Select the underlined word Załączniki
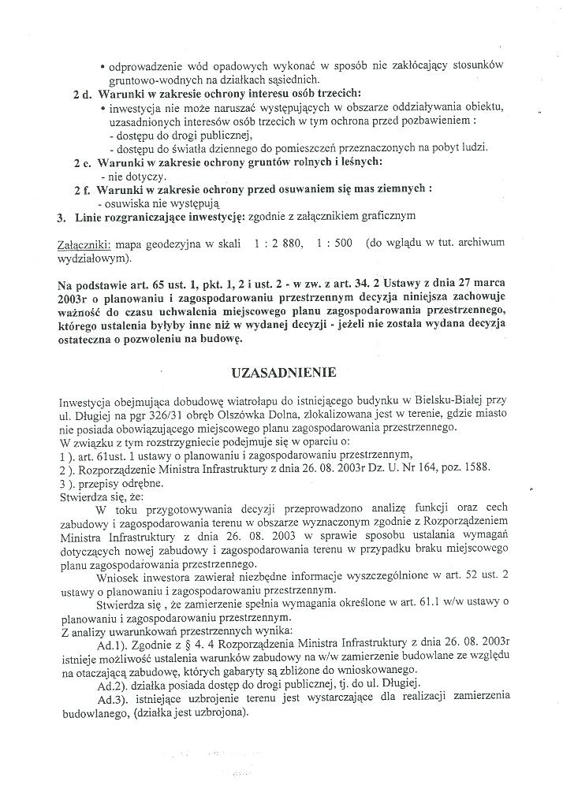[85, 244]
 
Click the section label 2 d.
[82, 93]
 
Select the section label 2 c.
[82, 162]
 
